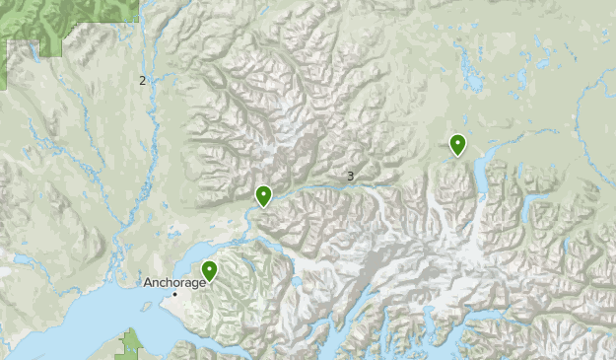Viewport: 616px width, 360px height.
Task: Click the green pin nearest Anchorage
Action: coord(209,270)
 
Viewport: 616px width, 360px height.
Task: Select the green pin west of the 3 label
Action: coord(263,196)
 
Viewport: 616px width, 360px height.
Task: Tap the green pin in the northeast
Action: coord(457,144)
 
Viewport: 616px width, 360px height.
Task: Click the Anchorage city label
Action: coord(174,282)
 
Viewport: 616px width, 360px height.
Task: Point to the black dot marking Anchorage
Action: coord(175,294)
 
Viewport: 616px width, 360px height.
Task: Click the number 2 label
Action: coord(142,80)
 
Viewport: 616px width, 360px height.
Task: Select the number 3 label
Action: coord(350,177)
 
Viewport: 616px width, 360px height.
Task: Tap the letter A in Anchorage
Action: coord(147,282)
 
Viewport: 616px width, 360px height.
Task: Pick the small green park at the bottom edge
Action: coord(131,344)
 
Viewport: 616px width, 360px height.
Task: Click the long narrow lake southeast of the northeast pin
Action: coord(480,178)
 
